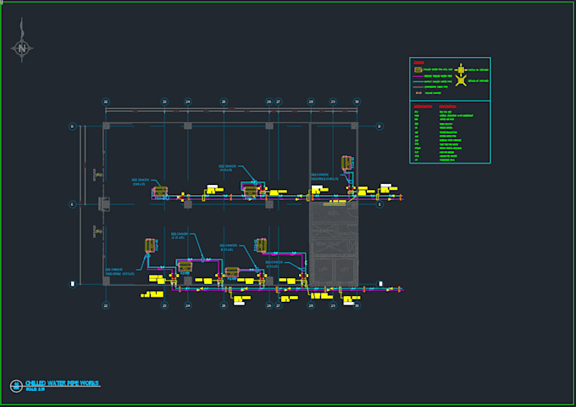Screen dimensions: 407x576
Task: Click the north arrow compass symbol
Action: [20, 48]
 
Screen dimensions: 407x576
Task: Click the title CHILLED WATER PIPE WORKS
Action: [62, 383]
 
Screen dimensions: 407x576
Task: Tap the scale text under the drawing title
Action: [36, 389]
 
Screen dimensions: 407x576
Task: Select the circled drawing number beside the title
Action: [15, 386]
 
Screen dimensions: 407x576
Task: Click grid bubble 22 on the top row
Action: [106, 102]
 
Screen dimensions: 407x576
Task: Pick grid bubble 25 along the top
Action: [224, 102]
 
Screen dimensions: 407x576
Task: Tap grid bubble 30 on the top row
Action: [357, 102]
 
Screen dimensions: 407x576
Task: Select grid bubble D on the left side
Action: [72, 126]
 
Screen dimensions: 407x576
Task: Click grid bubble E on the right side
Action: [379, 204]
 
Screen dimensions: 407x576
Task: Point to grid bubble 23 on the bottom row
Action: [164, 305]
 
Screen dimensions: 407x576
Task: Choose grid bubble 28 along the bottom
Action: [311, 305]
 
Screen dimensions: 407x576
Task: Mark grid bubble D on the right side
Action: [379, 126]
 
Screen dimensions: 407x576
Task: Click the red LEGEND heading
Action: [418, 62]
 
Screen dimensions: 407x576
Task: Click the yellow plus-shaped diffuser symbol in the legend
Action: [461, 69]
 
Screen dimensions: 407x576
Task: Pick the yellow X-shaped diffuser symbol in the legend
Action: [461, 81]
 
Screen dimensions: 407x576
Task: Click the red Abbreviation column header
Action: [422, 106]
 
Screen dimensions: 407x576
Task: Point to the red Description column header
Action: [447, 106]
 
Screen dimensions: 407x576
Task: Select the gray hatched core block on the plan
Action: [334, 243]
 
